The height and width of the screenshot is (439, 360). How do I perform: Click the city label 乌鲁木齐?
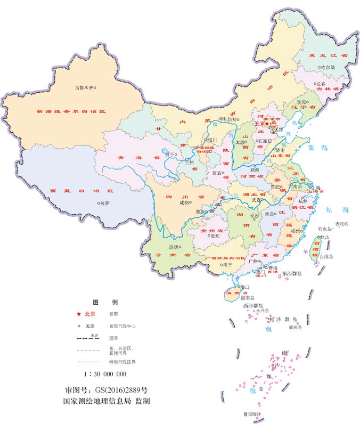(x=84, y=87)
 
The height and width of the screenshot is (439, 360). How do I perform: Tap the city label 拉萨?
(x=104, y=203)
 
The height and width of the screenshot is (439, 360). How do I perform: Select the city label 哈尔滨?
(x=328, y=68)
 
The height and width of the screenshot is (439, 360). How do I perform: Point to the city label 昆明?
(x=174, y=247)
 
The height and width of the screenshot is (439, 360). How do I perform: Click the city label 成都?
(x=184, y=202)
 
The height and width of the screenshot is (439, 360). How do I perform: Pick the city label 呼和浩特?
(x=229, y=119)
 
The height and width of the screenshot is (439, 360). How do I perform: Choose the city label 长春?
(x=321, y=84)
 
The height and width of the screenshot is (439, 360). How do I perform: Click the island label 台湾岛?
(x=326, y=256)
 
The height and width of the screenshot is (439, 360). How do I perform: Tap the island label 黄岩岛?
(x=295, y=328)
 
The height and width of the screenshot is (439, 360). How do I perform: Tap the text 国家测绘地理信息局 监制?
(x=105, y=401)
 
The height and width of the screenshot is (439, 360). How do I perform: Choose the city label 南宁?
(x=227, y=264)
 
